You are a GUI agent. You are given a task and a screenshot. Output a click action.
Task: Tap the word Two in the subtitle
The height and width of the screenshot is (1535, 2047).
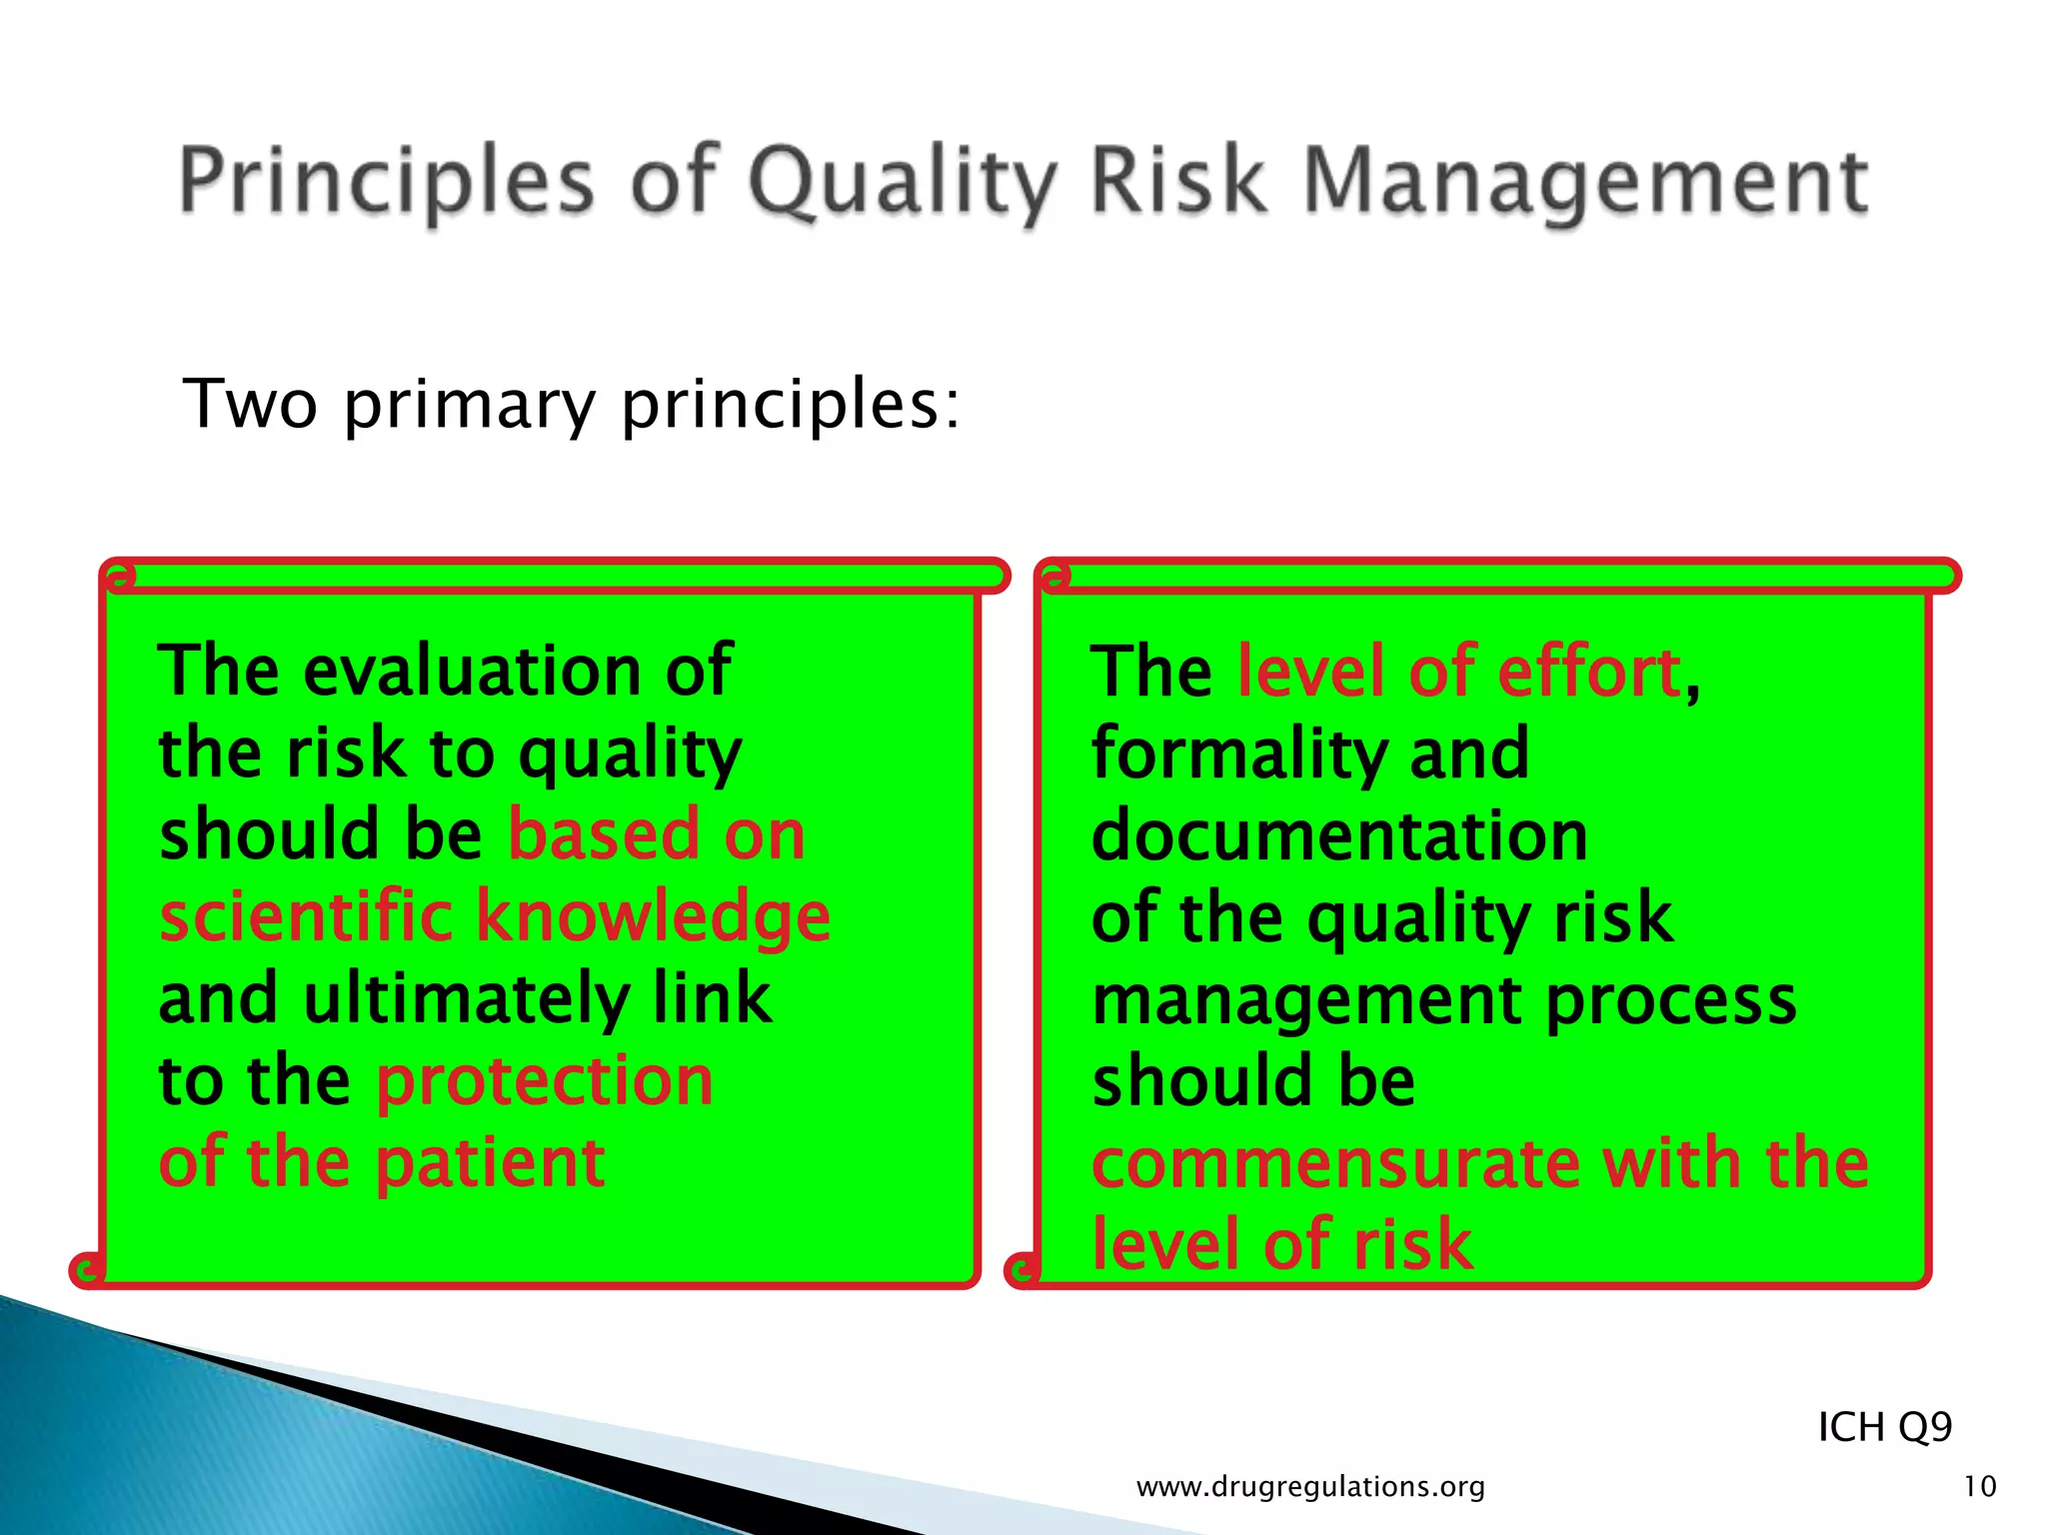click(251, 404)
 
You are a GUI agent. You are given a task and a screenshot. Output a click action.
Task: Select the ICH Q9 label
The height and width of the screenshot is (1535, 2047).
click(1884, 1427)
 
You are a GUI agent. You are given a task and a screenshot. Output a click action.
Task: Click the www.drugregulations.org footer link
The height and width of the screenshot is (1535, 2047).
click(1310, 1487)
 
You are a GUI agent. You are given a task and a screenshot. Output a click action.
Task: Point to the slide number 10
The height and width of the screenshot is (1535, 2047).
click(1980, 1487)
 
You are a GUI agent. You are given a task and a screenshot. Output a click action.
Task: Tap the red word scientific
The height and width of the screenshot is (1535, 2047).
click(306, 915)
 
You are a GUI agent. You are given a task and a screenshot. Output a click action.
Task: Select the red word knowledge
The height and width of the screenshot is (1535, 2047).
click(652, 917)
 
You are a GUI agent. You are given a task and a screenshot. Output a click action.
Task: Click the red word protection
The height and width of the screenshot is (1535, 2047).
click(545, 1080)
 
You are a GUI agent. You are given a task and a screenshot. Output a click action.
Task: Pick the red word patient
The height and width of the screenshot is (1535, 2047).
click(491, 1163)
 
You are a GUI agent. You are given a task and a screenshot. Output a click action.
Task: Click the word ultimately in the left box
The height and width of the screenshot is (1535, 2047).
click(466, 999)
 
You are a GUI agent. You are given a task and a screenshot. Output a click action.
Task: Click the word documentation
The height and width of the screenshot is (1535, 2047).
click(1339, 835)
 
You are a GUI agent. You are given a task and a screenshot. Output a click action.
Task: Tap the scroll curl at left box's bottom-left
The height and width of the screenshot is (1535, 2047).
click(87, 1269)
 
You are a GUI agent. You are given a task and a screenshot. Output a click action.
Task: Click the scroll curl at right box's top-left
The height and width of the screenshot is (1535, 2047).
click(1053, 577)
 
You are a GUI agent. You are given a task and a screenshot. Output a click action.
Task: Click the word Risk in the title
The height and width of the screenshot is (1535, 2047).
click(1177, 180)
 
